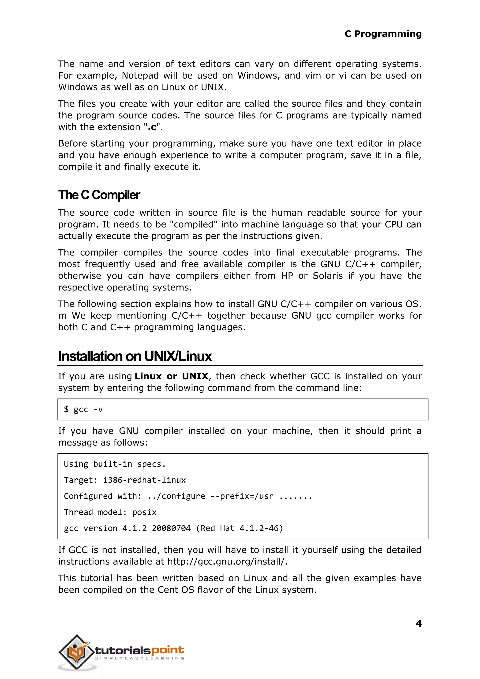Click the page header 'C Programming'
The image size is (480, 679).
tap(383, 34)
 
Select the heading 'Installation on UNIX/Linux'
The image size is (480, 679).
tap(135, 356)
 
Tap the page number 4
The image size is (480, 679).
tap(419, 623)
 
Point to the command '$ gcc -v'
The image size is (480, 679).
tap(83, 409)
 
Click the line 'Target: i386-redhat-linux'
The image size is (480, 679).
tap(125, 480)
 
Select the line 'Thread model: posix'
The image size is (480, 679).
tap(110, 512)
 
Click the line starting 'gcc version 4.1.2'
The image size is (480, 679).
tap(173, 528)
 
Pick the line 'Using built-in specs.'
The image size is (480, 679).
tap(115, 464)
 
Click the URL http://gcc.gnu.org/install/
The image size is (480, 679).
tap(227, 561)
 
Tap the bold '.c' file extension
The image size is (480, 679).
tap(152, 127)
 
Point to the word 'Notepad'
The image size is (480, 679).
tap(140, 76)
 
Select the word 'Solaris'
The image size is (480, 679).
tap(327, 276)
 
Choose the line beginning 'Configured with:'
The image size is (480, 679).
tap(188, 496)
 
